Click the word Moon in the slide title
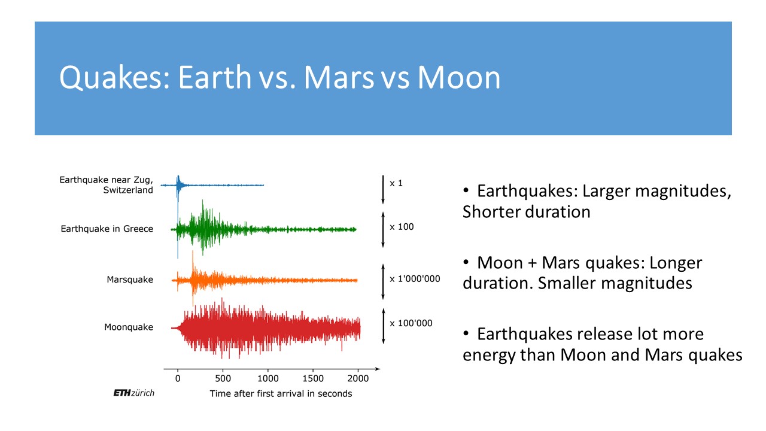458,78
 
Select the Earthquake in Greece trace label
107,229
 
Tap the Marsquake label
130,280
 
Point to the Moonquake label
129,327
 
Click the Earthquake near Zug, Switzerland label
106,185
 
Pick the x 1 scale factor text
396,183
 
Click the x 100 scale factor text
402,227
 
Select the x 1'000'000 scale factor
415,279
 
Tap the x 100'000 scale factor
411,323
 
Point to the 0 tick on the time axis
178,379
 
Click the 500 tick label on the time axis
223,379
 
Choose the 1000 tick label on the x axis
268,379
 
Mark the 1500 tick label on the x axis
313,379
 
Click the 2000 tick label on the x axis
358,379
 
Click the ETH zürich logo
133,393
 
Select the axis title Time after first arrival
281,393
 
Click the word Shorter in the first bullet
493,212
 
